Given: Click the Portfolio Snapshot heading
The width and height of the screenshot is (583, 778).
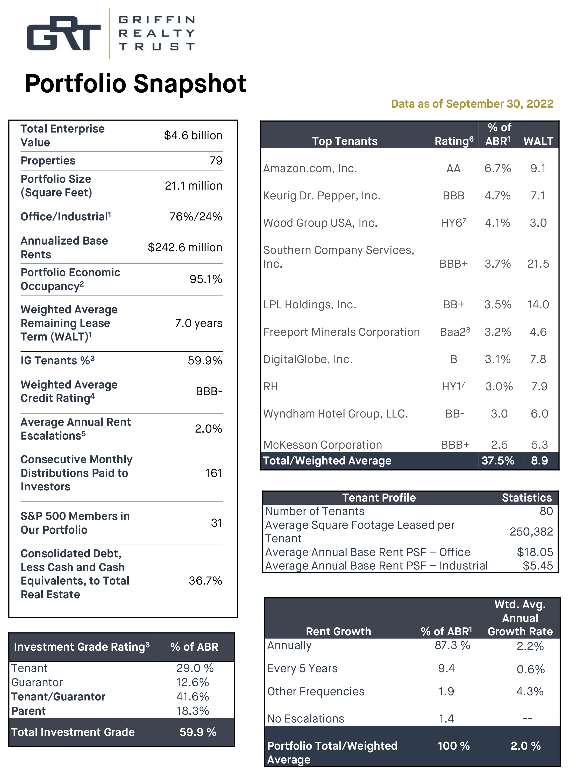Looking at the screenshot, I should pyautogui.click(x=136, y=84).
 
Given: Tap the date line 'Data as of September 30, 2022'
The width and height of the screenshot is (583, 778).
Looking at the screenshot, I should pyautogui.click(x=472, y=104).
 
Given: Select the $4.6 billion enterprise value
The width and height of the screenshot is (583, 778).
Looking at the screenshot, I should pyautogui.click(x=193, y=135).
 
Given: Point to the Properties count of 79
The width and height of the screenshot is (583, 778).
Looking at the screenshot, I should pyautogui.click(x=216, y=161).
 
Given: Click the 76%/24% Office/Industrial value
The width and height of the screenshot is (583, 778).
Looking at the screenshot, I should pyautogui.click(x=196, y=217).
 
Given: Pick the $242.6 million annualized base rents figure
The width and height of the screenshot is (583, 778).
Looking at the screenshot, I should pyautogui.click(x=185, y=248).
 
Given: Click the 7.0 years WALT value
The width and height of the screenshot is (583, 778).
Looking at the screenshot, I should pyautogui.click(x=198, y=323).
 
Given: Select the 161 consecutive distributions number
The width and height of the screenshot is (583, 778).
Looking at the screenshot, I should pyautogui.click(x=214, y=473).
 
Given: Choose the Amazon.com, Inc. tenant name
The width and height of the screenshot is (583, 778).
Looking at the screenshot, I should pyautogui.click(x=310, y=169).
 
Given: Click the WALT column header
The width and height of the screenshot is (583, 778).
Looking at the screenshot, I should pyautogui.click(x=538, y=141).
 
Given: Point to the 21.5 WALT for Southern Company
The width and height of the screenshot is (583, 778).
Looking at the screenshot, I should pyautogui.click(x=538, y=264).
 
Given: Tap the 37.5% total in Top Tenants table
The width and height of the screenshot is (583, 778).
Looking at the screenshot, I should pyautogui.click(x=497, y=461).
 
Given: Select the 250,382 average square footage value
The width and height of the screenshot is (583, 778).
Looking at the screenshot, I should pyautogui.click(x=531, y=531).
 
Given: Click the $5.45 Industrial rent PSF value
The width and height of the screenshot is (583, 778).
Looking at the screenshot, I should pyautogui.click(x=537, y=566).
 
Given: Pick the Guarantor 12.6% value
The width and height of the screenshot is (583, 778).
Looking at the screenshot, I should pyautogui.click(x=193, y=682).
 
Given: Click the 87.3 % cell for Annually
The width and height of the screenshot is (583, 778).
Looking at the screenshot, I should pyautogui.click(x=452, y=645).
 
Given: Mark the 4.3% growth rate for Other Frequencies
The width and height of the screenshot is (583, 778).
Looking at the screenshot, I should pyautogui.click(x=530, y=691).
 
